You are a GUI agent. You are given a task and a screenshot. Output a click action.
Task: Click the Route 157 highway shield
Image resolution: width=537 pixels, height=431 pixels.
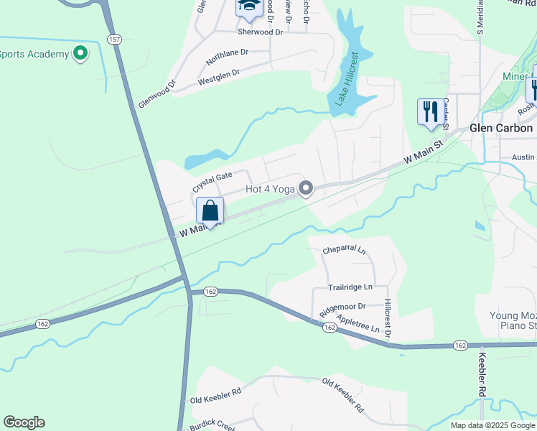(x=114, y=40)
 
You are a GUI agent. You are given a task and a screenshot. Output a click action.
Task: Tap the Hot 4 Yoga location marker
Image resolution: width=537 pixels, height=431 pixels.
(x=307, y=189)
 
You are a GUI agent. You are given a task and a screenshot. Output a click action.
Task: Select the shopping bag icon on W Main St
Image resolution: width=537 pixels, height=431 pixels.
(x=210, y=211)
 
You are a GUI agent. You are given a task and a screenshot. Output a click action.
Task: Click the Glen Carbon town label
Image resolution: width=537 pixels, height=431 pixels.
(x=501, y=128)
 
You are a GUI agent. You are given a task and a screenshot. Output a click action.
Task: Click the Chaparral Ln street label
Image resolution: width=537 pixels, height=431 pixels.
(x=344, y=251)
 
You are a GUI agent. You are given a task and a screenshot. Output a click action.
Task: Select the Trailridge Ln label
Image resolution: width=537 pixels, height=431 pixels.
(x=351, y=287)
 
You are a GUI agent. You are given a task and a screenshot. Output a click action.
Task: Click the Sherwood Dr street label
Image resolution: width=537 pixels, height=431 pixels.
(x=261, y=32)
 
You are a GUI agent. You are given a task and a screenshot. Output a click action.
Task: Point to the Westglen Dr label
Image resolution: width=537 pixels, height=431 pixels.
(x=218, y=77)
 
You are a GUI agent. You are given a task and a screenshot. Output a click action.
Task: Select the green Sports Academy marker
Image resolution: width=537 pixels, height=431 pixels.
(x=80, y=53)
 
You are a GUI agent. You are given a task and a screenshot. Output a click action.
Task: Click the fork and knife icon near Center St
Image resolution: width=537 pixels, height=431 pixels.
(x=430, y=112)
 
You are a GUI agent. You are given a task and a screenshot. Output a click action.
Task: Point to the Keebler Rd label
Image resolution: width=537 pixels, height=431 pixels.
(x=482, y=374)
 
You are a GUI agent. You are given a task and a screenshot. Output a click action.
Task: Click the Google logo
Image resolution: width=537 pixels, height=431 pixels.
(x=24, y=422)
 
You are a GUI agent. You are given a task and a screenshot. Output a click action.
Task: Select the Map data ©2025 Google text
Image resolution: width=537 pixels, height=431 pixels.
(x=492, y=425)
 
